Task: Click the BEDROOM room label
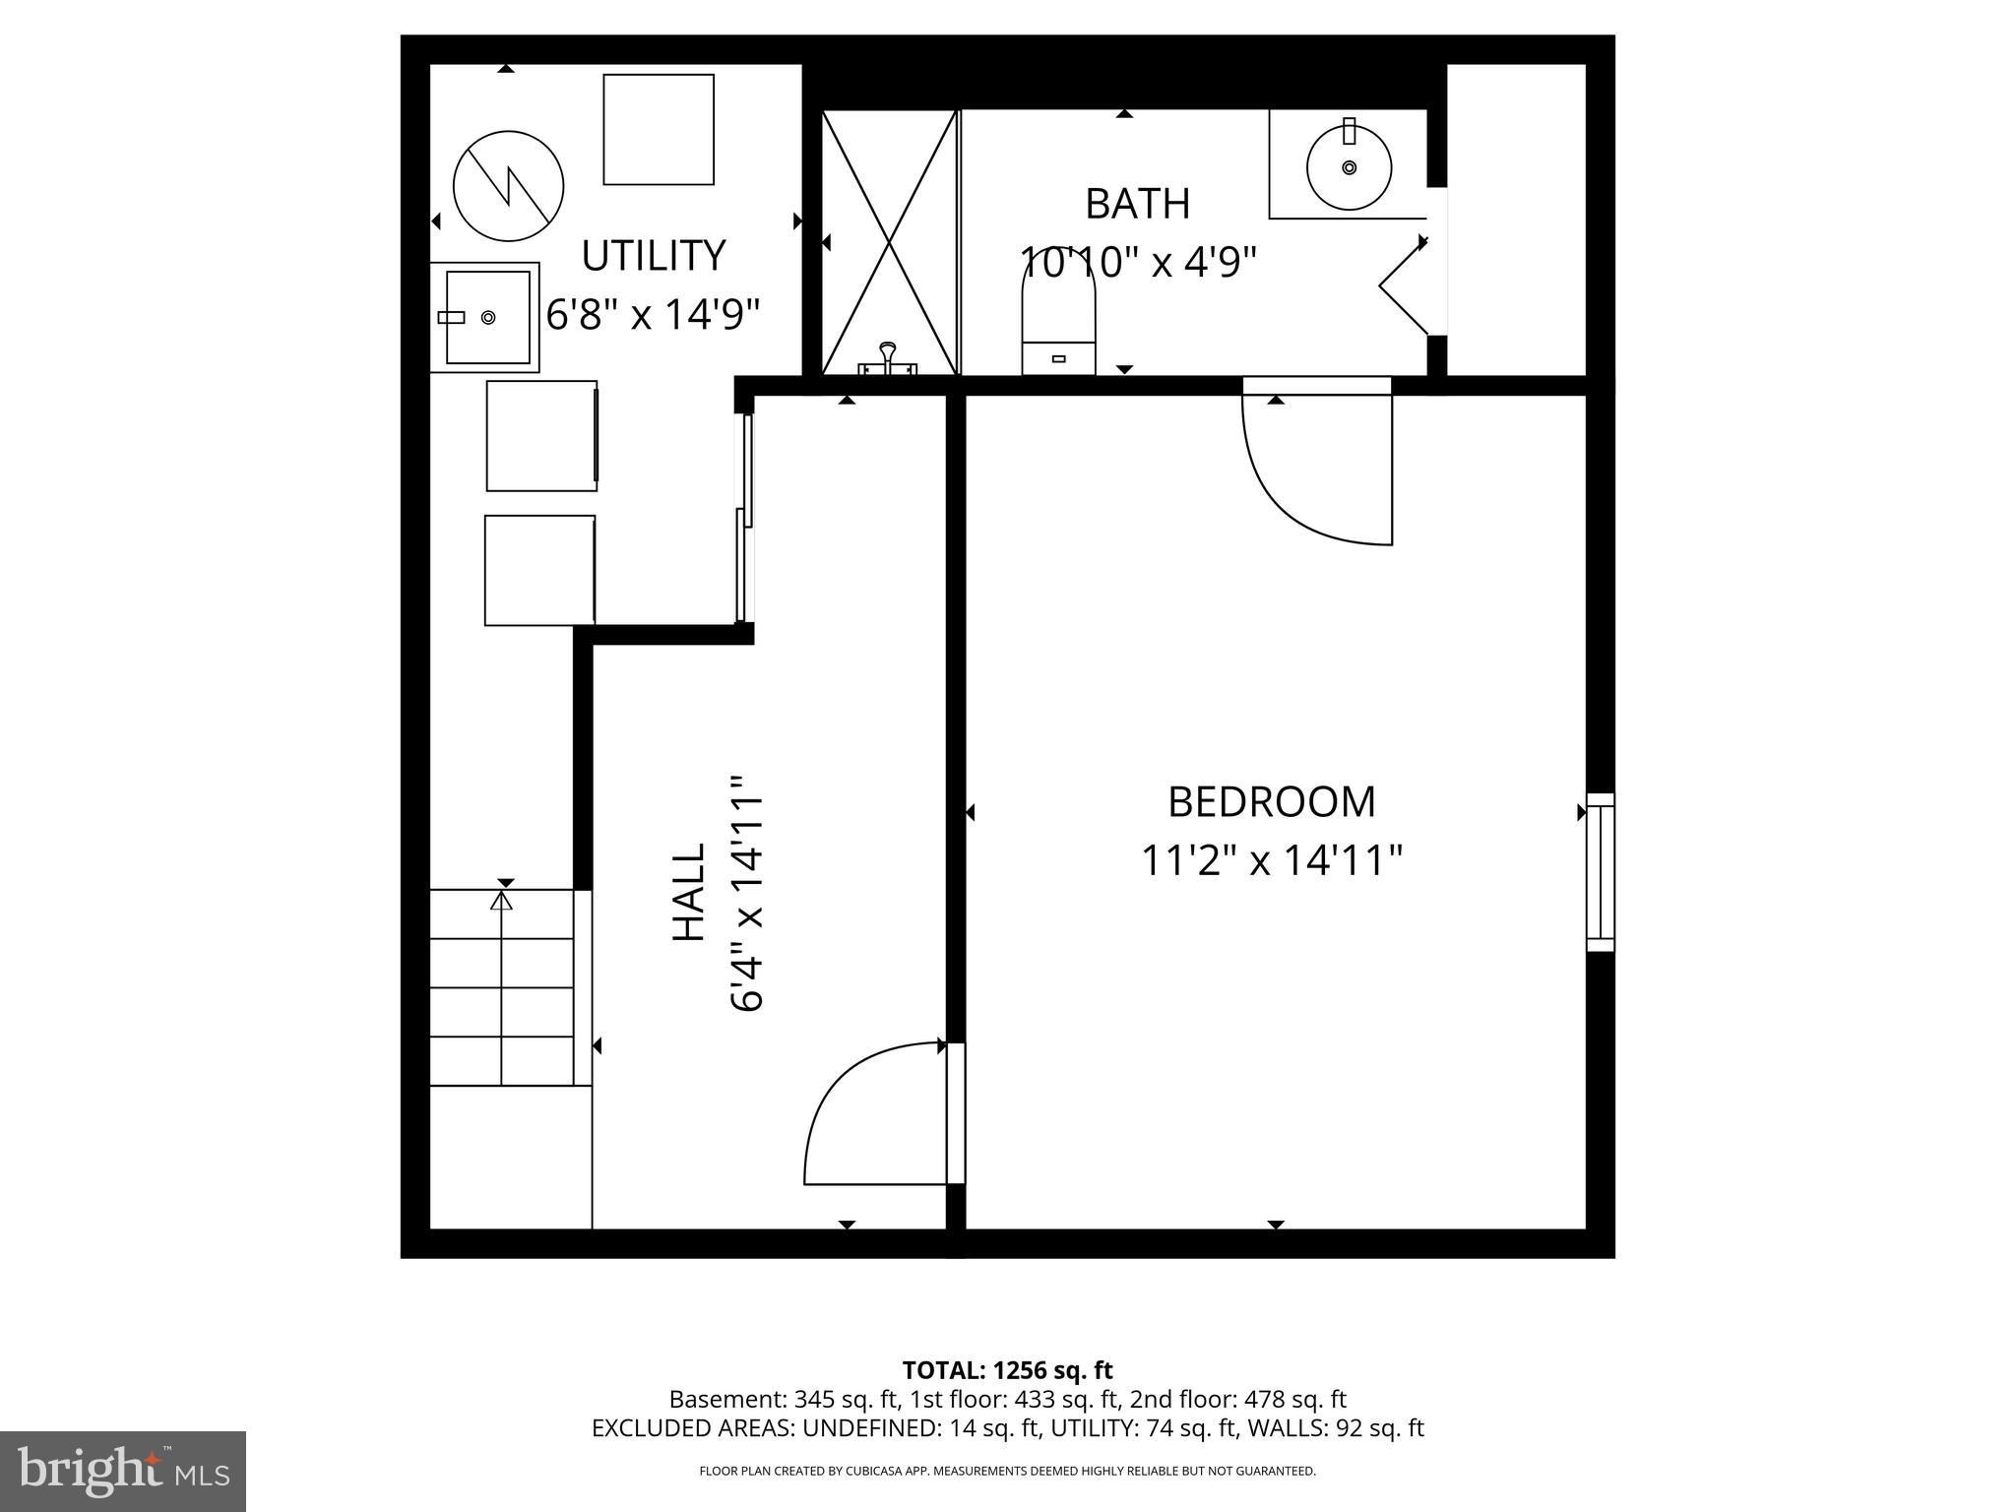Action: tap(1271, 802)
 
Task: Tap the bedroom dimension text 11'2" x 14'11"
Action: tap(1271, 860)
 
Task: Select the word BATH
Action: tap(1137, 205)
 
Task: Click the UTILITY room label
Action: tap(654, 256)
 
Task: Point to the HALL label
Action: tap(689, 892)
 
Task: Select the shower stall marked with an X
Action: tap(889, 242)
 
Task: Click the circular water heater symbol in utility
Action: tap(508, 186)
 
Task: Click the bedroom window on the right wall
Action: tap(1600, 872)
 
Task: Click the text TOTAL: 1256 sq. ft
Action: tap(1007, 1370)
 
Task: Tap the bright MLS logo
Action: tap(123, 1471)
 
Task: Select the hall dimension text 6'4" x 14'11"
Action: tap(748, 892)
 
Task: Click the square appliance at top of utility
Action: tap(658, 129)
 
